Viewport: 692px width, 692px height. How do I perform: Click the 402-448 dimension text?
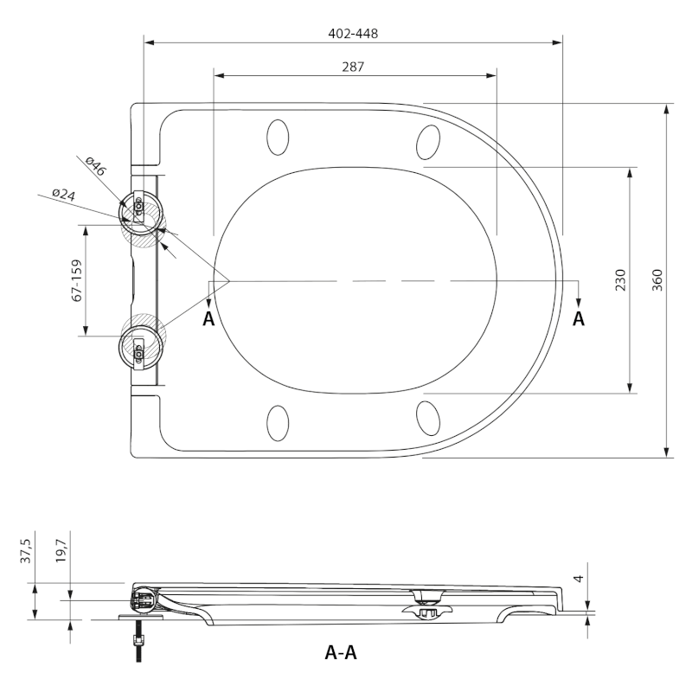point(353,34)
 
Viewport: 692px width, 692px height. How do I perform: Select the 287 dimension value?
point(353,67)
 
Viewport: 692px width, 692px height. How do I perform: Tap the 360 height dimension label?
point(657,279)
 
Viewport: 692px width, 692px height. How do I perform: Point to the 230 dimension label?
point(620,279)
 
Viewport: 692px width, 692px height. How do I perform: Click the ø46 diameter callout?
point(96,166)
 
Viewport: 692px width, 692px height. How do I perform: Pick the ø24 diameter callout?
point(64,194)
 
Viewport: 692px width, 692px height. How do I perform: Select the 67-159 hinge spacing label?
point(77,280)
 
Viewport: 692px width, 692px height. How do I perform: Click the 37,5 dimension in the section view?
point(26,551)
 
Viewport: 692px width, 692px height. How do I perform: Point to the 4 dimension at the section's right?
point(579,578)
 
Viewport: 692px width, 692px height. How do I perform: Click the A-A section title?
point(341,652)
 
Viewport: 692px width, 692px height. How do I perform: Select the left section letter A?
point(208,318)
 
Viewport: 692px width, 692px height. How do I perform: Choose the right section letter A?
point(579,318)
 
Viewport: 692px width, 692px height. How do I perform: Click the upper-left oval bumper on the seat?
point(278,138)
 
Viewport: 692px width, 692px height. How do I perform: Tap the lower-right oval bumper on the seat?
point(428,417)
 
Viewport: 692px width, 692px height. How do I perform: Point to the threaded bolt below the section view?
point(138,641)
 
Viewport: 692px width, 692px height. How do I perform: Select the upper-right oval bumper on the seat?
point(428,142)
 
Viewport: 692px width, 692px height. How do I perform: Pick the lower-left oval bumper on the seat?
point(278,423)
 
